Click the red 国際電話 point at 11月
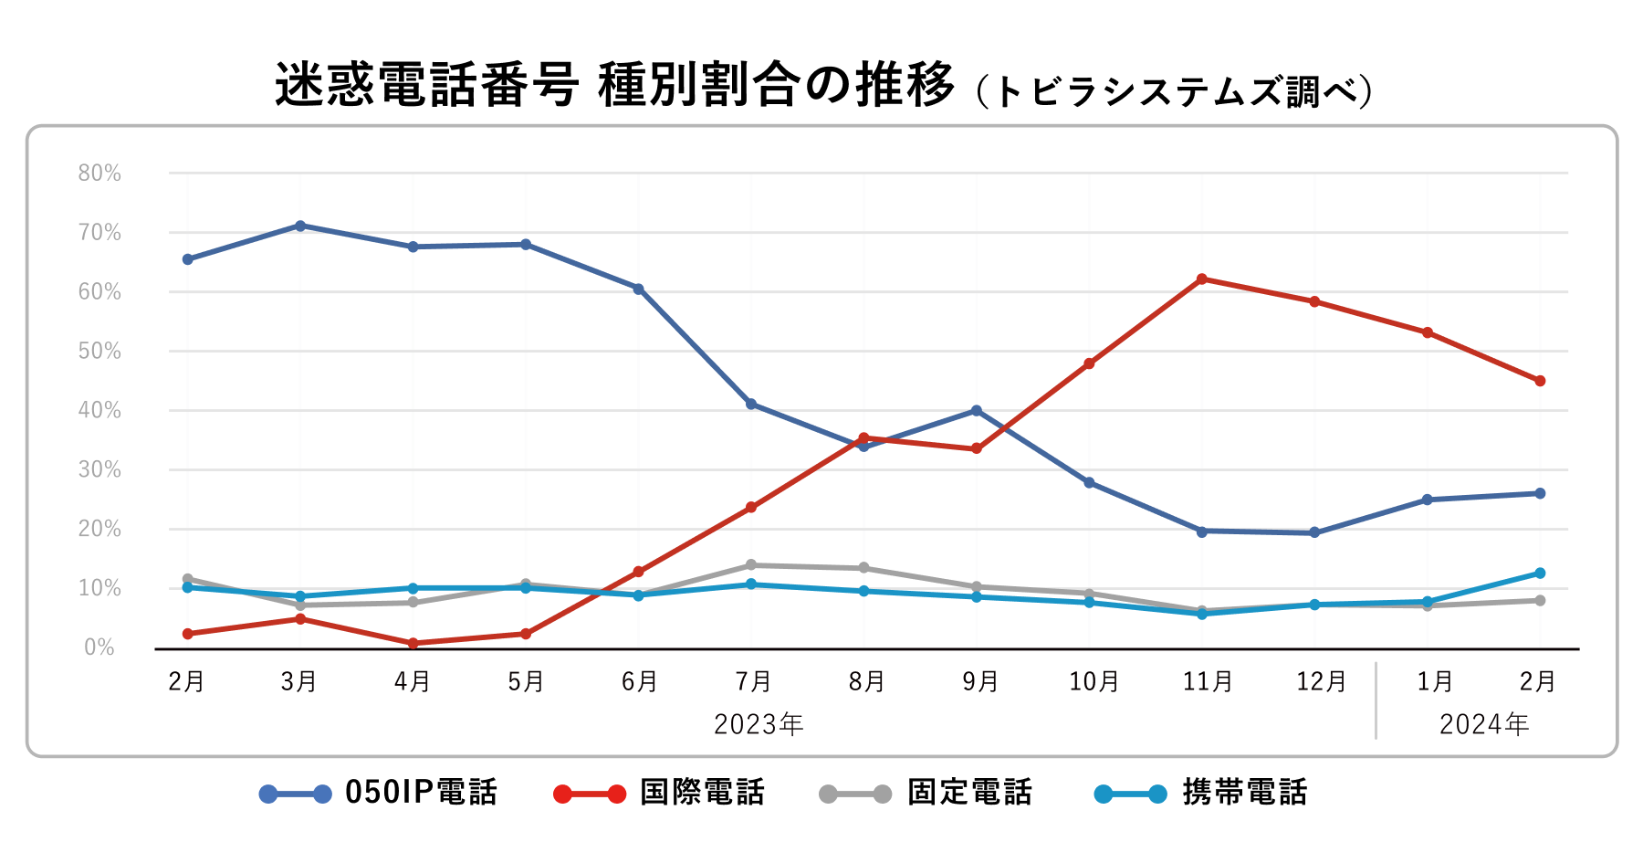1201,279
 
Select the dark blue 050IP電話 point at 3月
300,226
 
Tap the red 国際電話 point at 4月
413,643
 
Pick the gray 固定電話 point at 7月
751,565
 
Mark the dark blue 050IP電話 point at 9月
977,411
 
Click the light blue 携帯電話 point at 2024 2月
1540,574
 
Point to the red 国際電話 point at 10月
1089,363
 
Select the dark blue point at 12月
1314,532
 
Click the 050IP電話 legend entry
379,793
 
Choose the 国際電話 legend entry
659,793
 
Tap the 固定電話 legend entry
926,793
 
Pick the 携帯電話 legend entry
1201,793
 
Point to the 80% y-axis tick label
99,174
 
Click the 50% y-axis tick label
99,352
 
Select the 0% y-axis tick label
99,647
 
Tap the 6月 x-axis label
639,681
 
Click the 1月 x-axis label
1434,681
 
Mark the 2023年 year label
759,724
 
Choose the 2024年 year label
1484,724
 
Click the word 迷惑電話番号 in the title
426,86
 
